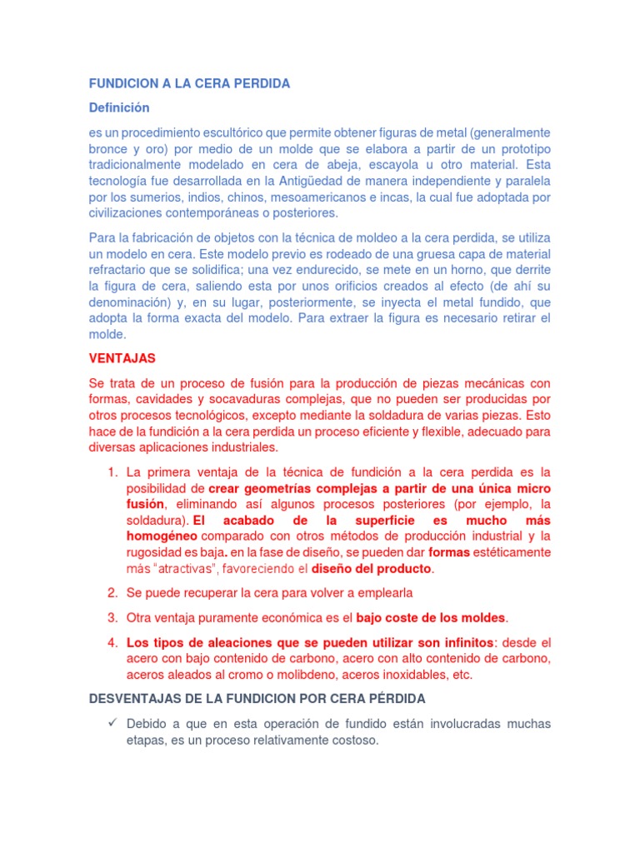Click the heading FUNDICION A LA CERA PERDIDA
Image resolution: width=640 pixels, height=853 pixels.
pyautogui.click(x=189, y=83)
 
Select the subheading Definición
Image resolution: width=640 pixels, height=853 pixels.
pyautogui.click(x=119, y=107)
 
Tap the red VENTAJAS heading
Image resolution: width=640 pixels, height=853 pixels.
pyautogui.click(x=122, y=358)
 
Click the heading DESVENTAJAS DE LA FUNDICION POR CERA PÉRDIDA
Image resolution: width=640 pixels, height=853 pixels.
pyautogui.click(x=257, y=697)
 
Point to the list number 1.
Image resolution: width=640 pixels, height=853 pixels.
pyautogui.click(x=112, y=472)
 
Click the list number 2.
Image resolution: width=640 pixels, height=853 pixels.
pyautogui.click(x=112, y=592)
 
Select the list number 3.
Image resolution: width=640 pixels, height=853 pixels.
pyautogui.click(x=112, y=617)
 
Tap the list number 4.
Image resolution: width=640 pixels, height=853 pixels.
pyautogui.click(x=112, y=643)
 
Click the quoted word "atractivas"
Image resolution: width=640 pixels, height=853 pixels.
pyautogui.click(x=188, y=569)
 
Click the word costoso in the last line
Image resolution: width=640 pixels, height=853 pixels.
pyautogui.click(x=354, y=740)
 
